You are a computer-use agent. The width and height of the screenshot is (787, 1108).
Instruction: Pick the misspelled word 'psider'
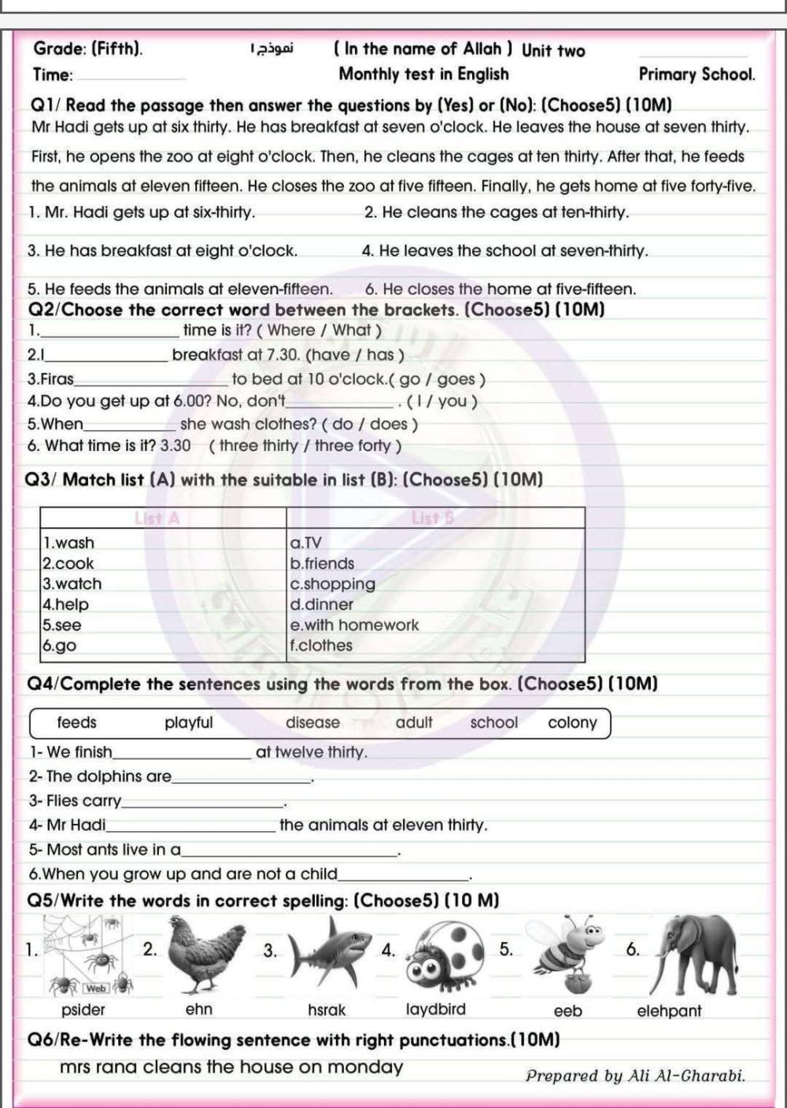point(83,1010)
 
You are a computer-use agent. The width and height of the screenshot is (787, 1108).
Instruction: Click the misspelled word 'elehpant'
point(668,1011)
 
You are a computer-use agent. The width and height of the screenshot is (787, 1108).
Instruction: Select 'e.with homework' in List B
point(355,625)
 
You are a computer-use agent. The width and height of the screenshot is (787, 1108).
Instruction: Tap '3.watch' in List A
point(72,584)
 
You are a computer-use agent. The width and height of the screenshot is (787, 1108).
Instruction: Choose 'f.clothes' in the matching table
point(322,645)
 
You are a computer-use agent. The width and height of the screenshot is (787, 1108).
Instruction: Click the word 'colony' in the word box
point(572,722)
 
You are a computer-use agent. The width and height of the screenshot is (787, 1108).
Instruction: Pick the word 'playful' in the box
point(189,722)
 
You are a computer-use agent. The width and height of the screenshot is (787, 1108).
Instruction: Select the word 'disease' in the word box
point(313,722)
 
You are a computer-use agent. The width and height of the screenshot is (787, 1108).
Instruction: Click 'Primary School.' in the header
point(696,75)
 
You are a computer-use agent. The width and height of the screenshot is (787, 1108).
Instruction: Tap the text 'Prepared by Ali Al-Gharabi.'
point(635,1076)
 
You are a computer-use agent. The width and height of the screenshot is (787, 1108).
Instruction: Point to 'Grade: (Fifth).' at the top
point(88,49)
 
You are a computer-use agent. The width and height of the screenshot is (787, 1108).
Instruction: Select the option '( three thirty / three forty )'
point(306,446)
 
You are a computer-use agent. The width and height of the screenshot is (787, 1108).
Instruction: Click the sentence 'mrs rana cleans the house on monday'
point(231,1067)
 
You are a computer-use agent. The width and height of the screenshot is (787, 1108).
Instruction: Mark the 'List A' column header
point(158,518)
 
